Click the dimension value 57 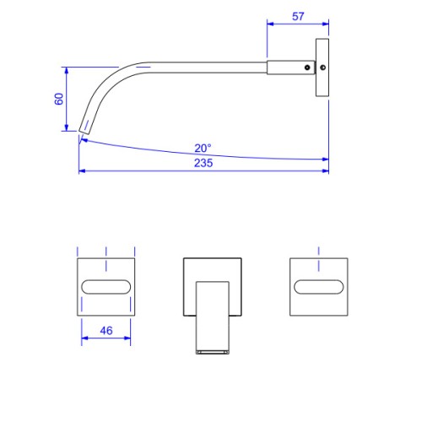click(x=298, y=16)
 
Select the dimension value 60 click(x=59, y=99)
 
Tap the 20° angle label click(x=203, y=148)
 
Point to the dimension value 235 click(x=203, y=163)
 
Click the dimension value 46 click(x=106, y=331)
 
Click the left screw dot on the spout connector click(x=307, y=68)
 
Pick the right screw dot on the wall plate click(x=323, y=68)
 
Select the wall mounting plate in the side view click(x=322, y=68)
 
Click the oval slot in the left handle click(x=106, y=287)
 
